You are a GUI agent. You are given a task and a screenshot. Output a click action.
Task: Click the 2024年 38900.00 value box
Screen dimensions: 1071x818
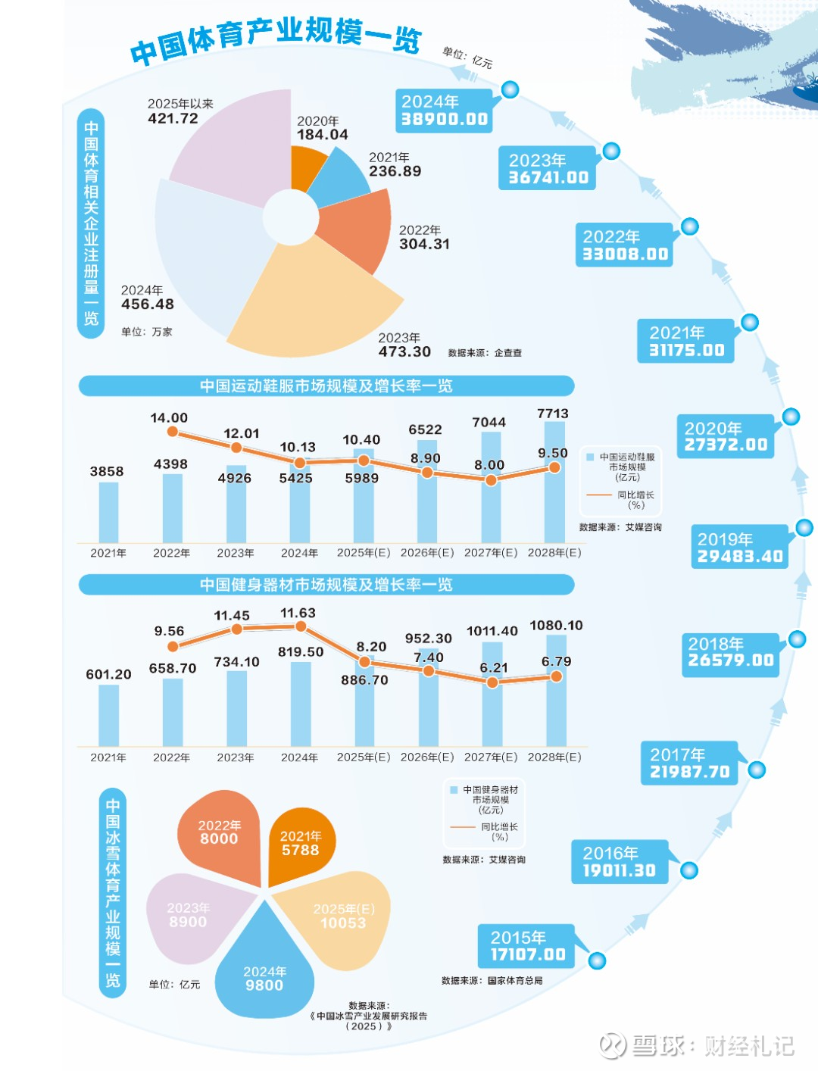(x=444, y=111)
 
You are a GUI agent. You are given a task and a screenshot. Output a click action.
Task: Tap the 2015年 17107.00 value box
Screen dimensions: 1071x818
(x=527, y=946)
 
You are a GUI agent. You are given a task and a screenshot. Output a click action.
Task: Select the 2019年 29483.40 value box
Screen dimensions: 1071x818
(x=739, y=548)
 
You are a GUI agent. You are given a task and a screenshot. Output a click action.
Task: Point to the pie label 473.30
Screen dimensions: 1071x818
(x=404, y=351)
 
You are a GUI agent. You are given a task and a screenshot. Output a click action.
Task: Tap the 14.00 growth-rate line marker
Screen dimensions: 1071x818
(x=173, y=432)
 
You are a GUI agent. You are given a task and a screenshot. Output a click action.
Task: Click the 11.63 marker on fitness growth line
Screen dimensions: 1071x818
(x=301, y=626)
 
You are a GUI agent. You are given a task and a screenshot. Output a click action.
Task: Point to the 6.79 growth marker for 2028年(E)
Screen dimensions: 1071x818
(x=556, y=676)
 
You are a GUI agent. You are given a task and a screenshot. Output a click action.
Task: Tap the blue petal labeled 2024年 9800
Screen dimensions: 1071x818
(x=264, y=973)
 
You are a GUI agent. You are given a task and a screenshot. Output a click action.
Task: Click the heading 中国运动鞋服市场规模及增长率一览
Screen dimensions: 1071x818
(x=326, y=386)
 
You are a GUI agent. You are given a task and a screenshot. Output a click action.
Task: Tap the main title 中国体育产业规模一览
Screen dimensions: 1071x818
(x=276, y=39)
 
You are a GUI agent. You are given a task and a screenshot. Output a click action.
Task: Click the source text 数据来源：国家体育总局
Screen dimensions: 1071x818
(x=492, y=980)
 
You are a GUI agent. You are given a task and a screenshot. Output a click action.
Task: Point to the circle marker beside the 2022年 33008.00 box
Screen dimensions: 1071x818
(x=689, y=226)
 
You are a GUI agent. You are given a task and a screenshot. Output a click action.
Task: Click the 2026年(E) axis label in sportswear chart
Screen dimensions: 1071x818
(x=427, y=553)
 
